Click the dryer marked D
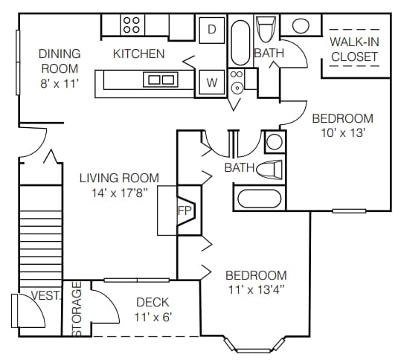click(x=212, y=30)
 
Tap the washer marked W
click(x=212, y=83)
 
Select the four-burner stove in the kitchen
click(x=132, y=25)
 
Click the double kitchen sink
click(x=161, y=80)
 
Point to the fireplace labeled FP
click(x=187, y=210)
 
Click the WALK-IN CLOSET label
click(x=354, y=49)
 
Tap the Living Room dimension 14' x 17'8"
click(x=120, y=193)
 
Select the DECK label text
click(x=153, y=302)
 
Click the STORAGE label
click(x=77, y=308)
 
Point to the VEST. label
click(x=46, y=295)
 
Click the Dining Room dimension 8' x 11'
click(x=60, y=83)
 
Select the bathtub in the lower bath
click(x=260, y=199)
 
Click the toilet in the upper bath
click(x=266, y=29)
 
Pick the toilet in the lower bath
click(x=269, y=169)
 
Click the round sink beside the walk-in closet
click(x=301, y=25)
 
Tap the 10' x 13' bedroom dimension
click(x=343, y=133)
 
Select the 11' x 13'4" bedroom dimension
click(x=257, y=290)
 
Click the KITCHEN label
click(x=138, y=54)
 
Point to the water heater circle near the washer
click(x=237, y=89)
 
